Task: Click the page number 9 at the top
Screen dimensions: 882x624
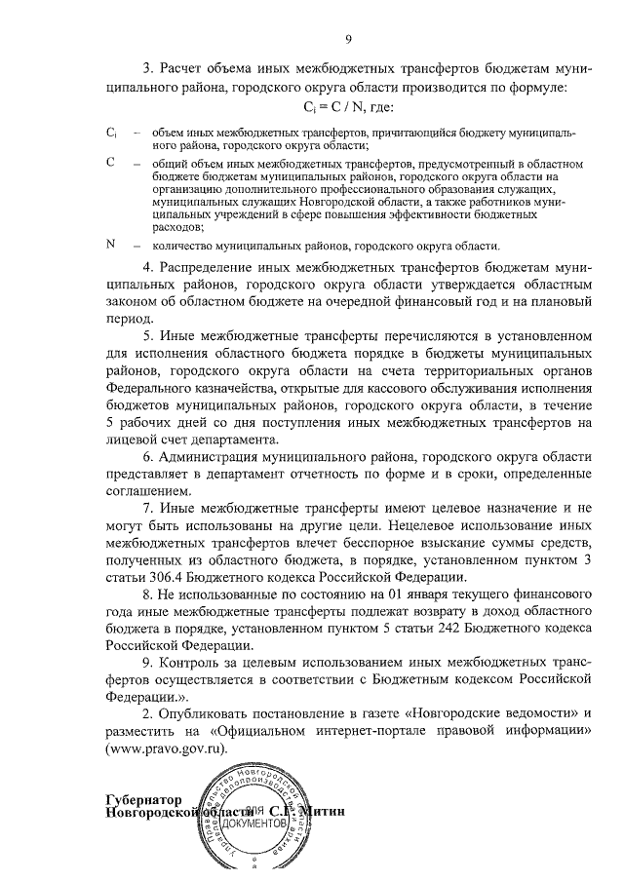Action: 346,38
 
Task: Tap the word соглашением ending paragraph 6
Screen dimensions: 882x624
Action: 150,492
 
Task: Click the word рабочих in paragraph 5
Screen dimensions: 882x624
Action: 154,422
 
